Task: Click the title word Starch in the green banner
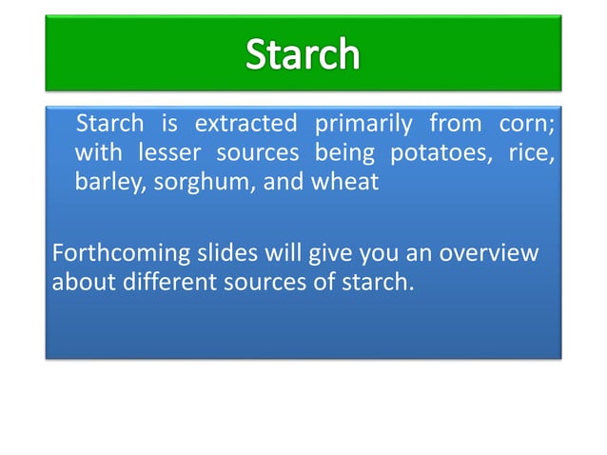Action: click(303, 54)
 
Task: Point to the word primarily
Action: click(363, 125)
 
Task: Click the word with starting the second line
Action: click(98, 153)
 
